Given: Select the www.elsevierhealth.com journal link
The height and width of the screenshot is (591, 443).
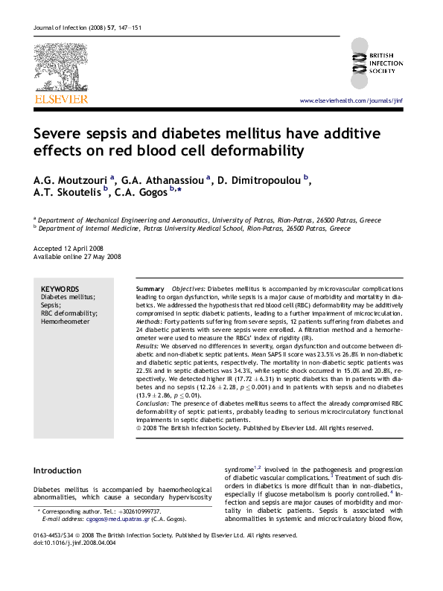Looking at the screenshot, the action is pyautogui.click(x=350, y=100).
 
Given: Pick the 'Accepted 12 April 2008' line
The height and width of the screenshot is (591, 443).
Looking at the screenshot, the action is pyautogui.click(x=68, y=247).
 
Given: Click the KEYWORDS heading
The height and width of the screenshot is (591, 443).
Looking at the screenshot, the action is pyautogui.click(x=60, y=288).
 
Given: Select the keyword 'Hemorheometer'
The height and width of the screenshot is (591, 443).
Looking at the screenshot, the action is pyautogui.click(x=65, y=322).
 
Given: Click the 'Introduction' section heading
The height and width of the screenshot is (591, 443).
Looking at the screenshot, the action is pyautogui.click(x=57, y=470).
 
